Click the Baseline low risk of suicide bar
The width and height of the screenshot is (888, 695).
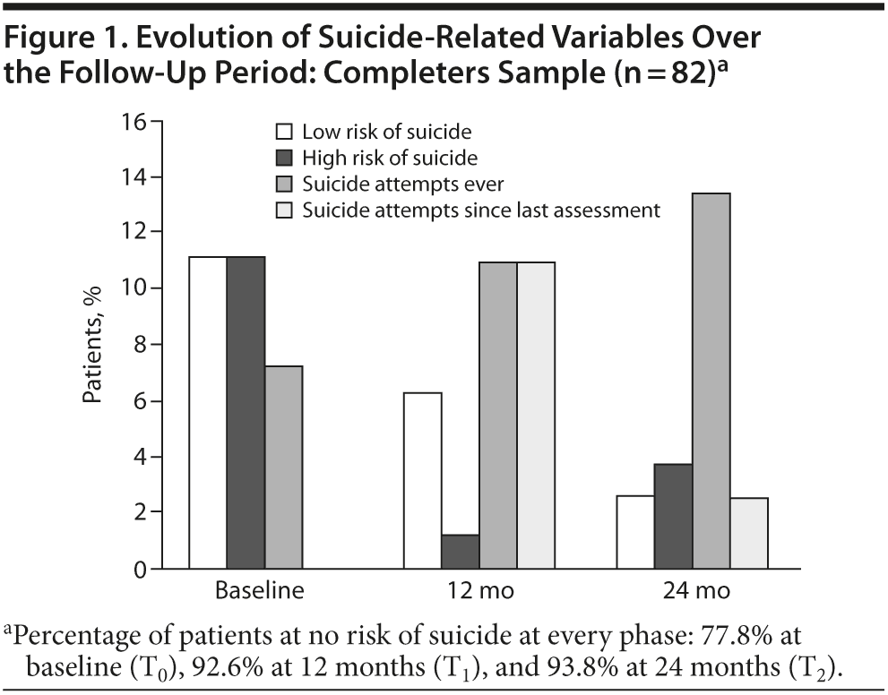(207, 413)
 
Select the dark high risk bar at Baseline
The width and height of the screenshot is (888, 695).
(246, 413)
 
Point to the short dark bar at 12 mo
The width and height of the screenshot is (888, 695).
(460, 552)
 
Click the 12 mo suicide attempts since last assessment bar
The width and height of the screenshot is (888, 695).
(536, 416)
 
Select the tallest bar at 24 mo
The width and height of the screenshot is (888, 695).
(711, 381)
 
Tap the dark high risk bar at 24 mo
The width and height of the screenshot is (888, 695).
(673, 517)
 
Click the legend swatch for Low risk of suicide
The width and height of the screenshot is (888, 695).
(285, 133)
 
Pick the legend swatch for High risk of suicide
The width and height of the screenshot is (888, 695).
(285, 159)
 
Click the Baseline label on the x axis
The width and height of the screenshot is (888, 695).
(260, 592)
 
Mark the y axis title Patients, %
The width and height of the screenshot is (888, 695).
(94, 345)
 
